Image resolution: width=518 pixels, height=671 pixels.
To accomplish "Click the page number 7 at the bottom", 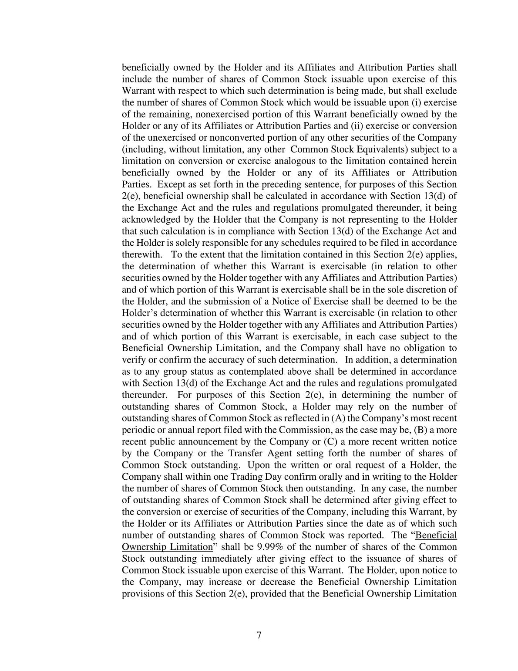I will (259, 636).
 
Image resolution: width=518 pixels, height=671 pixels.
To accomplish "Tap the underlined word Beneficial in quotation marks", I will (436, 535).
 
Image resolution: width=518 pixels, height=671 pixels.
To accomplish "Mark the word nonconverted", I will (225, 138).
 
